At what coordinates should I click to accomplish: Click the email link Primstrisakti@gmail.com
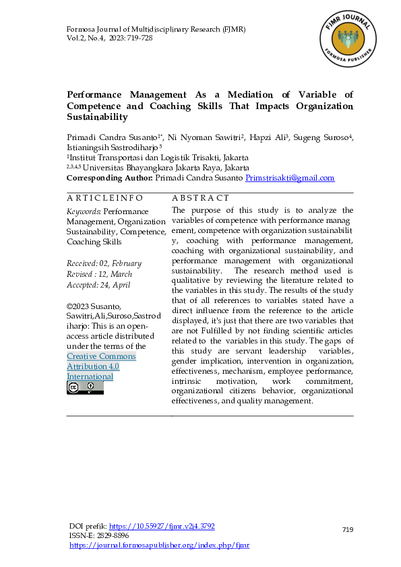tap(290, 178)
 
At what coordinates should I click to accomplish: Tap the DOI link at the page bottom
tap(162, 526)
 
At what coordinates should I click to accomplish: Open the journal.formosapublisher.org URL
tap(159, 545)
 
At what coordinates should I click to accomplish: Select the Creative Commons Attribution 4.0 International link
tap(101, 366)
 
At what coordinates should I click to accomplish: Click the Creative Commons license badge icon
tap(85, 388)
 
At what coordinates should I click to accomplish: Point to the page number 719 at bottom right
tap(348, 530)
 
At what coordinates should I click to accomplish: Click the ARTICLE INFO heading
tap(105, 198)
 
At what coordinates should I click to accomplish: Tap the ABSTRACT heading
tap(201, 198)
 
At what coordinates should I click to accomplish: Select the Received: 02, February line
tap(104, 263)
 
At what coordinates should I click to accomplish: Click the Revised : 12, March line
tap(99, 274)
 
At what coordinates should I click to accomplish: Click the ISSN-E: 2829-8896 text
tap(99, 535)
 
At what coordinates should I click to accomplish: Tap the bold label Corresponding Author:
tap(110, 178)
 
